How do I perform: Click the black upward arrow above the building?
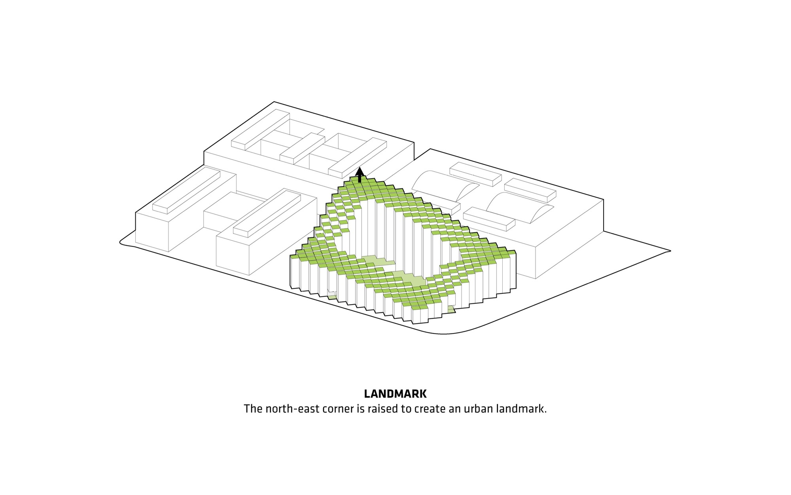point(360,175)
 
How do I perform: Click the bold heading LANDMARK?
point(395,394)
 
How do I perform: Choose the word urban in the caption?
point(478,409)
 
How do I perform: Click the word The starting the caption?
point(253,409)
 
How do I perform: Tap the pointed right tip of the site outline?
point(670,251)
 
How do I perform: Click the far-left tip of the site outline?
point(120,242)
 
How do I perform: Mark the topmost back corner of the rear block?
point(274,102)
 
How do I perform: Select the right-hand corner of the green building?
point(516,252)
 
